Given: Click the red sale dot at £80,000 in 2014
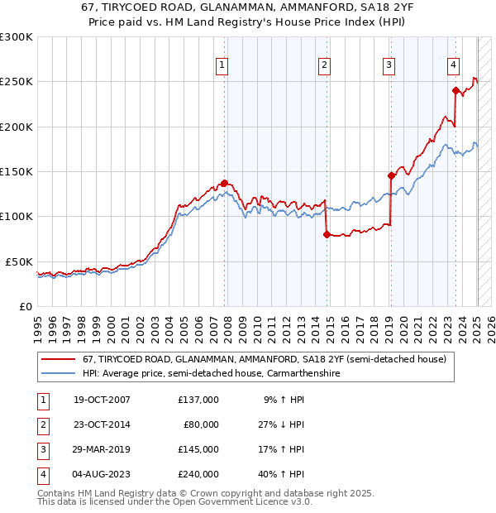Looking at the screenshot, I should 327,235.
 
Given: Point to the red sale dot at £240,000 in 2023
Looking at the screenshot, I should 455,91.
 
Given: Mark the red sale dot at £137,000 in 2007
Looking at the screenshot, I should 224,183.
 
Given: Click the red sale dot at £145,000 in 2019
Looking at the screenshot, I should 391,175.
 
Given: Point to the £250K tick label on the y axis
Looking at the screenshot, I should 17,82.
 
